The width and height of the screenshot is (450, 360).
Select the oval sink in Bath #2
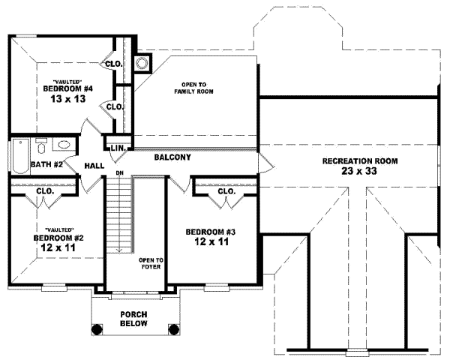point(64,146)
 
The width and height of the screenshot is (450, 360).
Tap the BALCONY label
point(172,158)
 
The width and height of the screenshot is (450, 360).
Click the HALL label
point(94,166)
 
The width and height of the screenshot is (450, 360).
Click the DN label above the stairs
point(119,174)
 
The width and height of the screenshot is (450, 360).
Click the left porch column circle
point(97,328)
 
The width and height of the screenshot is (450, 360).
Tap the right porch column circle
point(173,328)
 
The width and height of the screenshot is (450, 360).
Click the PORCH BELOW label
point(134,319)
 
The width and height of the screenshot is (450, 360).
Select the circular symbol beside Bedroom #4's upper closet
point(141,63)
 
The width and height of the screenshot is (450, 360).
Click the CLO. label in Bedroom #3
point(226,192)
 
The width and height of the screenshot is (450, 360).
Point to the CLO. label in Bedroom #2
point(44,192)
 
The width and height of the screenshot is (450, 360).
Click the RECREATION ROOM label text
point(360,161)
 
